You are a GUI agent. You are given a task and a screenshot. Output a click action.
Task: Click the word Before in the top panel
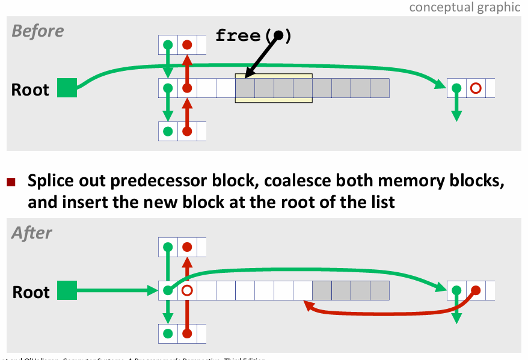coord(38,31)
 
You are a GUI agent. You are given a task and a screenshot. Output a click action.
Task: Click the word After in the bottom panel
coord(32,233)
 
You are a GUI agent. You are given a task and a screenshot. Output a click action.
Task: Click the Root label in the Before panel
coord(30,90)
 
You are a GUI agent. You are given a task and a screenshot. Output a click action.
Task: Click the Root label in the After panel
coord(31,292)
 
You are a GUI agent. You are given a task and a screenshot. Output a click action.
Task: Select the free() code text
coord(253,36)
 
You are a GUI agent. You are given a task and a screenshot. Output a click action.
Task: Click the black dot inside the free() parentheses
coord(278,35)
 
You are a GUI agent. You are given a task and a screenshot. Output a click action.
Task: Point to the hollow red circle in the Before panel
coord(475,88)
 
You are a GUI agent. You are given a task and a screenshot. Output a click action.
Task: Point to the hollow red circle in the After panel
coord(186,291)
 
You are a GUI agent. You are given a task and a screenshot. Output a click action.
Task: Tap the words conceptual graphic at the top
coord(464,7)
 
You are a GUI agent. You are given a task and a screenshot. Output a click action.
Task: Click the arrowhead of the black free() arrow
coord(247,75)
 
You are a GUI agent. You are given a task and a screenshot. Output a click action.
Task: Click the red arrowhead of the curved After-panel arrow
coord(307,305)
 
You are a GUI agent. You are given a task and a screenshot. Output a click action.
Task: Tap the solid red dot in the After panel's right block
coord(475,291)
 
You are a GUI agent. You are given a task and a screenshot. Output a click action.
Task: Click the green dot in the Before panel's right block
coord(456,88)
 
